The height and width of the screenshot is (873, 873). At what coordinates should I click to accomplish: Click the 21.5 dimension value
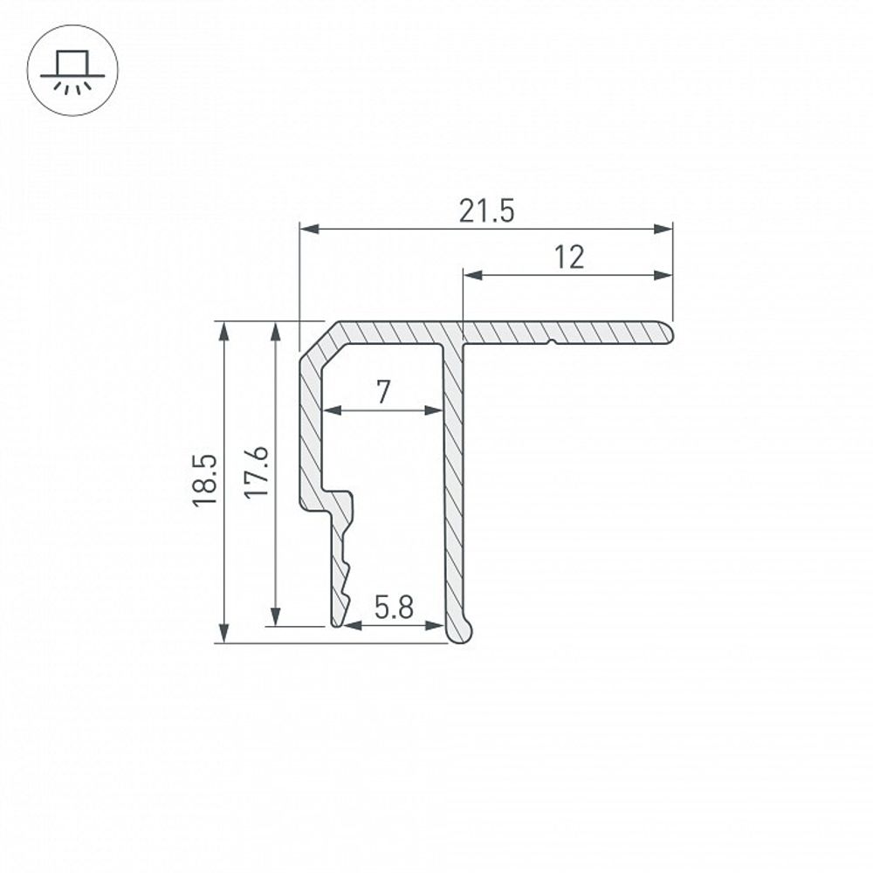pyautogui.click(x=486, y=211)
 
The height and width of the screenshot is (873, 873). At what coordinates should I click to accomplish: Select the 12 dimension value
pyautogui.click(x=568, y=258)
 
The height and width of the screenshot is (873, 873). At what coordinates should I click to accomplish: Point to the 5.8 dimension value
pyautogui.click(x=394, y=608)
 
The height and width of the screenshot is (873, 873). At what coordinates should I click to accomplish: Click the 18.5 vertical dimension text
pyautogui.click(x=205, y=481)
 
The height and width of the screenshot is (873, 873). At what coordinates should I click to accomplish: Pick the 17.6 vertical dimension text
pyautogui.click(x=256, y=472)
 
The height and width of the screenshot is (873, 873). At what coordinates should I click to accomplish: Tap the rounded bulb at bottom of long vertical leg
pyautogui.click(x=461, y=628)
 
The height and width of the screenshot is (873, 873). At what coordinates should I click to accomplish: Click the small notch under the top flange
pyautogui.click(x=551, y=342)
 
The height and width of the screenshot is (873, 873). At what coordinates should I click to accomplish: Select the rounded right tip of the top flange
pyautogui.click(x=667, y=332)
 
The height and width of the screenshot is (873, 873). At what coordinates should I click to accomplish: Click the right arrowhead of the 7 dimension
pyautogui.click(x=436, y=409)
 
